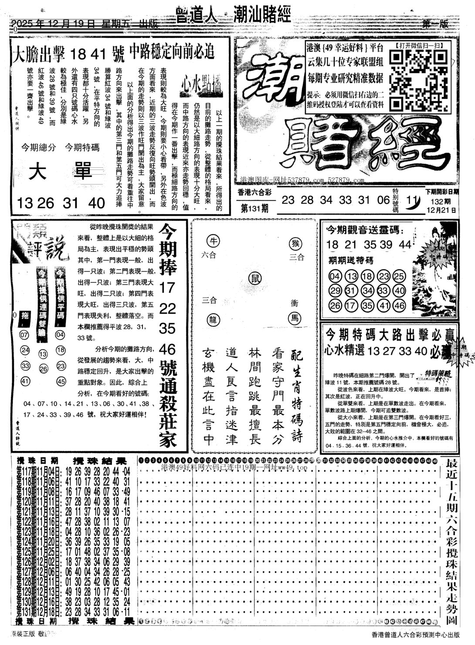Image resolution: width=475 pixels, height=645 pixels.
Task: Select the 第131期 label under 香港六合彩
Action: tap(254, 208)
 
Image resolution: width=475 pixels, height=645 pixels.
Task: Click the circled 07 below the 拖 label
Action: tap(24, 335)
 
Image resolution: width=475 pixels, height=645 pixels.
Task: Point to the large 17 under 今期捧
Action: tap(167, 288)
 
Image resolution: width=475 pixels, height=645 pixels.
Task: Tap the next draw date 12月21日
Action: tap(442, 209)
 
